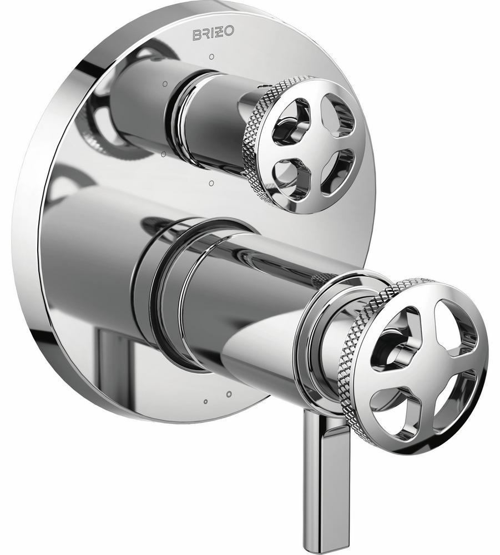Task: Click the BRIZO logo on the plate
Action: pos(213,35)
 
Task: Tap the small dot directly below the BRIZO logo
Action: pos(211,56)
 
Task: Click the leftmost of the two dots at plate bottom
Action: pos(205,401)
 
